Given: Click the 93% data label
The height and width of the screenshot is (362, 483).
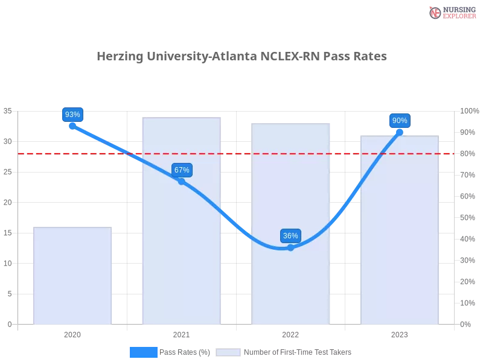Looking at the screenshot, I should point(72,114).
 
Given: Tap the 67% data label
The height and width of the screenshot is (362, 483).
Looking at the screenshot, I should point(182,170).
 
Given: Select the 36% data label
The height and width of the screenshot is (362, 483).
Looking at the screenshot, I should point(290,236).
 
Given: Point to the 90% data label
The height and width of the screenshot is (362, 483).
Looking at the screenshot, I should point(400,121).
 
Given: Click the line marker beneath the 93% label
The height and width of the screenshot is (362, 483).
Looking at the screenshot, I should point(72,126).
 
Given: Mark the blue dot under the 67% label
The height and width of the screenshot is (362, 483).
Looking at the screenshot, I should point(182,181).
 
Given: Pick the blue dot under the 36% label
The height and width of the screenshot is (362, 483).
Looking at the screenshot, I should point(290,247).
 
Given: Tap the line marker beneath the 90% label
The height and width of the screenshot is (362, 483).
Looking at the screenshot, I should point(400,132).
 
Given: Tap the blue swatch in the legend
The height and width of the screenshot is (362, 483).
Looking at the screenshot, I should point(144,352).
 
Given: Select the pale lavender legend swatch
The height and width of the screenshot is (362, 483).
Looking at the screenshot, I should point(228,352).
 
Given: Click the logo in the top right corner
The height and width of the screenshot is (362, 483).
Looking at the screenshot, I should point(451,12).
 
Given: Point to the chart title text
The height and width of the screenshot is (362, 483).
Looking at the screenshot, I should point(243,56).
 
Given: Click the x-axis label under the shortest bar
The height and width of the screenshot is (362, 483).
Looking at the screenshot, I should point(72,333).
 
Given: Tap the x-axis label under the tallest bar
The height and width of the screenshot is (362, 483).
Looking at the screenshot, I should point(181,333).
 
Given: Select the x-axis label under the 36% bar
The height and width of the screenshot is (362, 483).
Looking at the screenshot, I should point(290,333).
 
